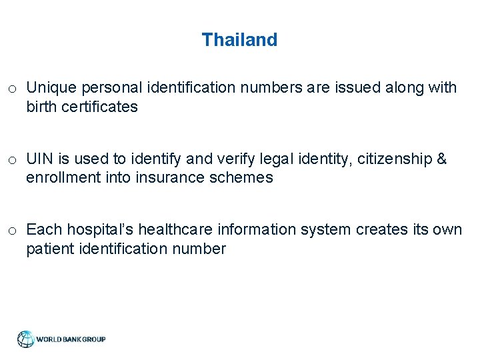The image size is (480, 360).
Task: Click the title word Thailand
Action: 239,40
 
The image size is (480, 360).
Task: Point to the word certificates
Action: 101,107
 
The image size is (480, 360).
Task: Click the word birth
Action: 41,107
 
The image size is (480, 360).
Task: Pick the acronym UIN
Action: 39,159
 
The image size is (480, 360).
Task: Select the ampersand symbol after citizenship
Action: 441,159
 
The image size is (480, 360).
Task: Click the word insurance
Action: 166,178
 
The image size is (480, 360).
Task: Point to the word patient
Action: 48,249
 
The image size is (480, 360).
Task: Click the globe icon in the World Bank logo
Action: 26,339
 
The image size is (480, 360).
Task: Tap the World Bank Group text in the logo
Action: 71,339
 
